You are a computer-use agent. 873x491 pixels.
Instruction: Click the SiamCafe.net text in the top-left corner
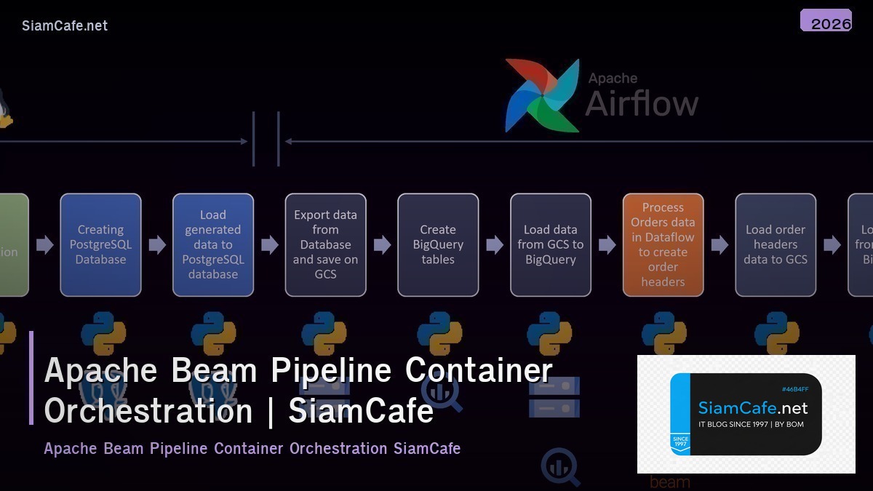point(65,25)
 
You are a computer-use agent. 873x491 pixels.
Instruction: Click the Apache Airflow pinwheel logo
point(542,95)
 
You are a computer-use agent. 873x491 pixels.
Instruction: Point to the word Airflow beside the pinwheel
point(641,103)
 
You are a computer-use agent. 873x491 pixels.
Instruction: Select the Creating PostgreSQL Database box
point(100,244)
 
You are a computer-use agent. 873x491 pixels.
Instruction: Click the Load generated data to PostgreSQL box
point(213,244)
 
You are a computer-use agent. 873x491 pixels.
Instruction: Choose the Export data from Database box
point(325,244)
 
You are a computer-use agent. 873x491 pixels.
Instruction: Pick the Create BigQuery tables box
point(438,244)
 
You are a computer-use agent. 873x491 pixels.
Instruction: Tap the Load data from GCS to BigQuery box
point(551,244)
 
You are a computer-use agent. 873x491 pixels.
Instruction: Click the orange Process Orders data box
point(663,244)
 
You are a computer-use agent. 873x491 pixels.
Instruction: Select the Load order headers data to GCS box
point(776,244)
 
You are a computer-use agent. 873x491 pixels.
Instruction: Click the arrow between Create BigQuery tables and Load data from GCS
point(495,244)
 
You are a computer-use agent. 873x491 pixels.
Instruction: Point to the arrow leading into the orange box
point(607,244)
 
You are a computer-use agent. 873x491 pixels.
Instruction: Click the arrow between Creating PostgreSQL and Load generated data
point(157,244)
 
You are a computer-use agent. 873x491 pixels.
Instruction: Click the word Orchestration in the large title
point(148,410)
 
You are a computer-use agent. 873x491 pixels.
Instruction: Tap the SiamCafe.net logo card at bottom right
point(746,414)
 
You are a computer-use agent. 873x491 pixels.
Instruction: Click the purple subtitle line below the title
point(252,448)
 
